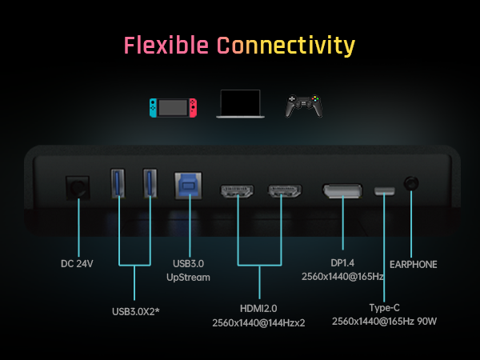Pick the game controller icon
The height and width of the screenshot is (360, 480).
pyautogui.click(x=305, y=106)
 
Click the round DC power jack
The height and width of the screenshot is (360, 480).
pyautogui.click(x=78, y=189)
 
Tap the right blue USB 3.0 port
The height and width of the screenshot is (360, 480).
pyautogui.click(x=150, y=185)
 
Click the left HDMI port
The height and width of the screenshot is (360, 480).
pyautogui.click(x=238, y=192)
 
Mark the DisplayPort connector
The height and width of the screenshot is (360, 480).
pyautogui.click(x=342, y=192)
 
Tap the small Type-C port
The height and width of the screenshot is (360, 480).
pyautogui.click(x=385, y=191)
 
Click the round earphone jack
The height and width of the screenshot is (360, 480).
pyautogui.click(x=411, y=184)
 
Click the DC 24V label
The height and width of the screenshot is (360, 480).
pyautogui.click(x=78, y=263)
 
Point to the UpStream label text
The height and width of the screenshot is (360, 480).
pyautogui.click(x=190, y=278)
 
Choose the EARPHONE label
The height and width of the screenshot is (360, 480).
pyautogui.click(x=414, y=264)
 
